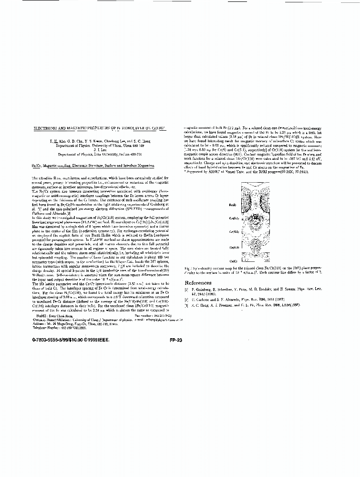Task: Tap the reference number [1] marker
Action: point(186,290)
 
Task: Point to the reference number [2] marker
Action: point(186,300)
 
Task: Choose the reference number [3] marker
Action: point(186,304)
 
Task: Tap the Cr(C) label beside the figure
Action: point(234,261)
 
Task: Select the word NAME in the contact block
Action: point(41,316)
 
